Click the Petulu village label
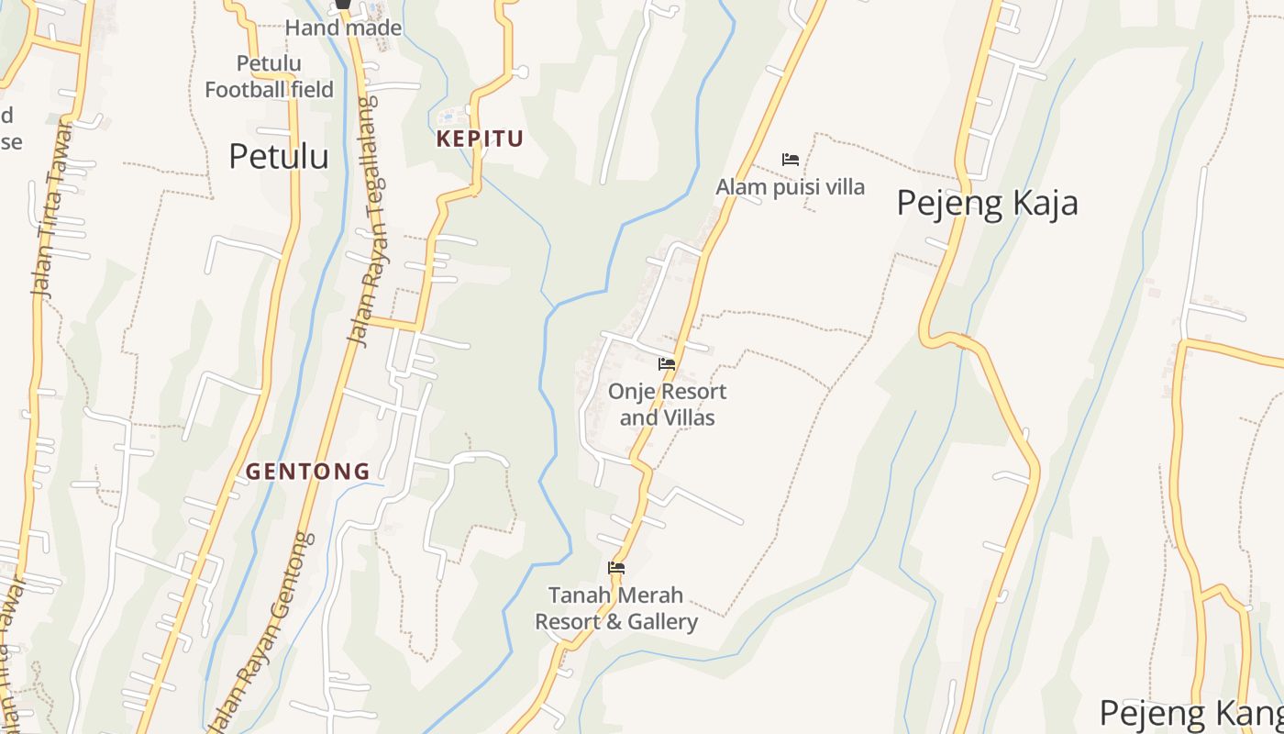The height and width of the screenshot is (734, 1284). pyautogui.click(x=278, y=156)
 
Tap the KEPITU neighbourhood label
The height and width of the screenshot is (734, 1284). pyautogui.click(x=480, y=139)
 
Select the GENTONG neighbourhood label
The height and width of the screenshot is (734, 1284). pyautogui.click(x=307, y=472)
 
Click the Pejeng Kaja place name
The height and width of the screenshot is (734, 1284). pyautogui.click(x=987, y=203)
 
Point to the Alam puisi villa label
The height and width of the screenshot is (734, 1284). pyautogui.click(x=790, y=187)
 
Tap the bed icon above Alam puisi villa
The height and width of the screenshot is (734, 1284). pyautogui.click(x=790, y=160)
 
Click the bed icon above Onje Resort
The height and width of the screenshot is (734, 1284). pyautogui.click(x=667, y=364)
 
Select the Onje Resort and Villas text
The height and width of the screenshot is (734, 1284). pyautogui.click(x=667, y=405)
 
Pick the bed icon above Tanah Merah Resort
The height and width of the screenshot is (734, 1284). pyautogui.click(x=616, y=568)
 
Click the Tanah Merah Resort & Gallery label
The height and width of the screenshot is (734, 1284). pyautogui.click(x=616, y=608)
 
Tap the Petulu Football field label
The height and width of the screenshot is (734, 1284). pyautogui.click(x=269, y=76)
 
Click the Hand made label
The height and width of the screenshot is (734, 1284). pyautogui.click(x=343, y=28)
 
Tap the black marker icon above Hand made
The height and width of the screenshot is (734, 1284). pyautogui.click(x=343, y=5)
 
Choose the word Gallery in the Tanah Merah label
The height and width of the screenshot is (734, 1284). pyautogui.click(x=662, y=622)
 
